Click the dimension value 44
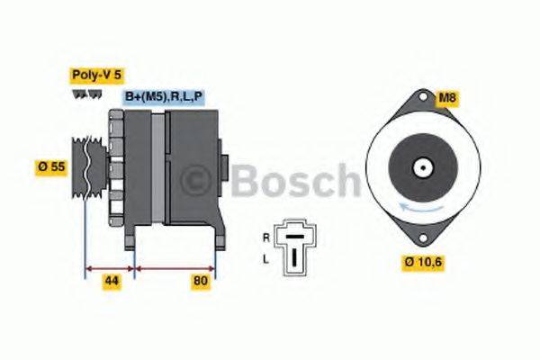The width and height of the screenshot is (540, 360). (x=111, y=282)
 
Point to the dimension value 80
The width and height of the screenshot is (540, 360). (x=201, y=282)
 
